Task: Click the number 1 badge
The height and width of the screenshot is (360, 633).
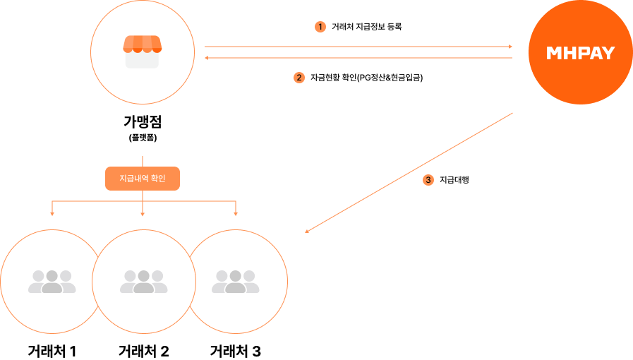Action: point(320,27)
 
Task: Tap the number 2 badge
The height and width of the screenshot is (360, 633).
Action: point(299,78)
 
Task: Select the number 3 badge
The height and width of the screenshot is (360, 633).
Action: point(428,180)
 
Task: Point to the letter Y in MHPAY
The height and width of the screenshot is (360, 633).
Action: point(608,53)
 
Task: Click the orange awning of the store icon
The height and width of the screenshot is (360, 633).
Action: point(142,44)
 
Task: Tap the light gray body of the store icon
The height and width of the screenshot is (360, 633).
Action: point(142,60)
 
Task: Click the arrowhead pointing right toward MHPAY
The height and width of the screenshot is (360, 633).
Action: point(510,47)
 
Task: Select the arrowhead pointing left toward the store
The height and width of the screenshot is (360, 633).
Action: point(207,58)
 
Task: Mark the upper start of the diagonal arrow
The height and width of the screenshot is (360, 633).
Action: point(511,113)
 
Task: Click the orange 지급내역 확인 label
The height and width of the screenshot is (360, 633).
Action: point(143,179)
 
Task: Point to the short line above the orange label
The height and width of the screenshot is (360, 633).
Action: point(143,161)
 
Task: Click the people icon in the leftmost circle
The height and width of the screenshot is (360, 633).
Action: point(52,282)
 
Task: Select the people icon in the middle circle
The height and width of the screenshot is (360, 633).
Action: point(143,282)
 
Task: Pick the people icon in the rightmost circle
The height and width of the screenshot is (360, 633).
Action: point(235,282)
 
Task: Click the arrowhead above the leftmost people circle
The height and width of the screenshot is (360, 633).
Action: point(52,213)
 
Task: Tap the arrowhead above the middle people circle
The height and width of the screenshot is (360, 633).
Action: point(143,213)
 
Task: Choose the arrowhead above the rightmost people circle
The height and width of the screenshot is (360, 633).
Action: point(236,213)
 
